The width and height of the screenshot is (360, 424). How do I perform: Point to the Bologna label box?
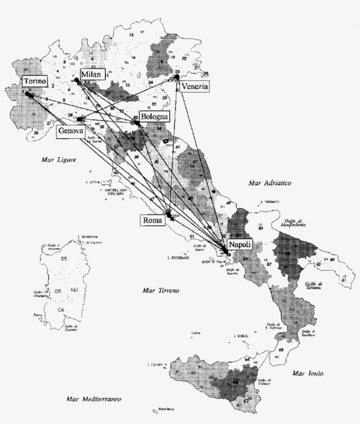154,117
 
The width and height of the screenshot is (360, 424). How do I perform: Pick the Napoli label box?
240,245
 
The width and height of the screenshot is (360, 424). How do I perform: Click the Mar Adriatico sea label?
270,183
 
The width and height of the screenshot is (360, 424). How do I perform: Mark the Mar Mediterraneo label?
94,399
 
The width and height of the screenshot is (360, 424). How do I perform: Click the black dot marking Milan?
76,80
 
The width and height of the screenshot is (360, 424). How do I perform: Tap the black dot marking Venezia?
177,77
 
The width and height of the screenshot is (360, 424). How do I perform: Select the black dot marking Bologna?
137,123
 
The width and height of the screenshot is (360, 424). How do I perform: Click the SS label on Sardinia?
64,259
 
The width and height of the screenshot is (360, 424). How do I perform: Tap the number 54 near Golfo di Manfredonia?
261,229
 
